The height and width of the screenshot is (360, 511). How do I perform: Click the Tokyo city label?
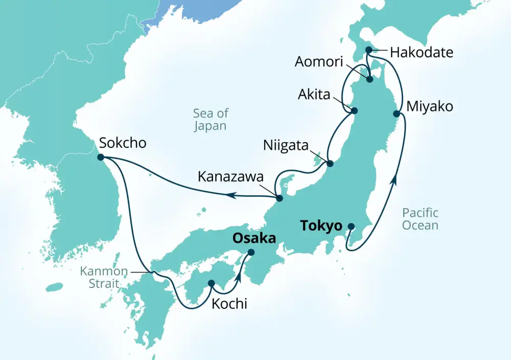[321, 226]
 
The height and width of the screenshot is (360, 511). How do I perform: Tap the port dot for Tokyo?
[351, 227]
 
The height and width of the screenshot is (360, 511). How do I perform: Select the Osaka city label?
[254, 238]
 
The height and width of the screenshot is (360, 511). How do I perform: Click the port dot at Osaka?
[251, 252]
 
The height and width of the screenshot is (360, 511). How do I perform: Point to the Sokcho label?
[123, 143]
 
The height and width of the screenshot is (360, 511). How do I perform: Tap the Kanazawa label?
[230, 178]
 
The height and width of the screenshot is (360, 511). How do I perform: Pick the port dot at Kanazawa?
[279, 198]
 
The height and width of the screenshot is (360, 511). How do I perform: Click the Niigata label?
[286, 145]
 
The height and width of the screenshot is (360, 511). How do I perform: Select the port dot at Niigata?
[330, 164]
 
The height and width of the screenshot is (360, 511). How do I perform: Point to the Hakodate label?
[421, 52]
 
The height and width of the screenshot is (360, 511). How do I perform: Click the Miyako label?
[430, 106]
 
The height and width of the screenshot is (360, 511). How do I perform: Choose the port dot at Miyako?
[396, 114]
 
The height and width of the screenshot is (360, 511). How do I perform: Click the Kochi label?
[229, 304]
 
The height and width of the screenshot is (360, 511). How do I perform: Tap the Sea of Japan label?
[211, 120]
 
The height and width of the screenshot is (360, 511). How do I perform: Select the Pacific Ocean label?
[420, 218]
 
